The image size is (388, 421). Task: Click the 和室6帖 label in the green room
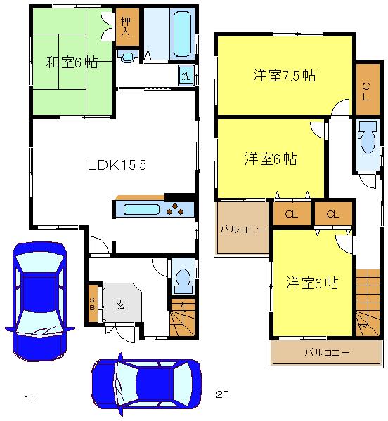click(x=72, y=62)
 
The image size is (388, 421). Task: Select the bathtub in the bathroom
click(x=182, y=32)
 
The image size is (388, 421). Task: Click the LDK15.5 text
click(x=116, y=166)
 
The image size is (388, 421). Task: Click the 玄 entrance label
click(x=120, y=305)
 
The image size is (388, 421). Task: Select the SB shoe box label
click(x=92, y=304)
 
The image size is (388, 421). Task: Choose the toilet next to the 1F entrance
click(x=181, y=278)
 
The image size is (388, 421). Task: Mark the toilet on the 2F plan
click(x=368, y=143)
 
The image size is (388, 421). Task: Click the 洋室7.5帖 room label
click(x=283, y=76)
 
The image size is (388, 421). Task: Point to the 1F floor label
click(x=29, y=399)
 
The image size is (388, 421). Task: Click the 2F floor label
click(x=221, y=394)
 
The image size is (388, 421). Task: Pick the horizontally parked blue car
click(x=146, y=384)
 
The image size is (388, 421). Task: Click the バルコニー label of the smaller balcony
click(x=241, y=229)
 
